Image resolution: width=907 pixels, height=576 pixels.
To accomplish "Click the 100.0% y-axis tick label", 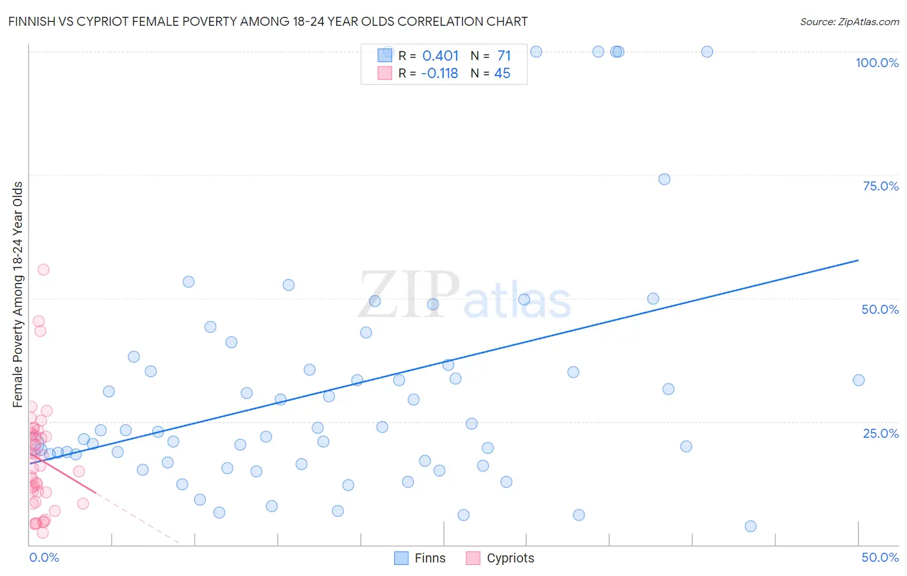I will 877,63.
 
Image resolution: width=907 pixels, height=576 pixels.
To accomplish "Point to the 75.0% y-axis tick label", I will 881,186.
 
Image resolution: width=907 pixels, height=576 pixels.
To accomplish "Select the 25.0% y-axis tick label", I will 881,433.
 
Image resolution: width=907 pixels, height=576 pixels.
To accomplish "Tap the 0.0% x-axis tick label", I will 44,557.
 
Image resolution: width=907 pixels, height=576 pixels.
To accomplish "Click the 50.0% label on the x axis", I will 880,557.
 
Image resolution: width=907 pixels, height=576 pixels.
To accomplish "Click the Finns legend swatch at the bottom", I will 401,558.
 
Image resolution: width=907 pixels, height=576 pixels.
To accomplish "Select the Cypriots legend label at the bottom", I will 510,558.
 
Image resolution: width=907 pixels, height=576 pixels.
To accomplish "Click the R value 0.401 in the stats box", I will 440,56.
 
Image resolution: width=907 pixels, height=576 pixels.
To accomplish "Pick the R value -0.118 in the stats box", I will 439,74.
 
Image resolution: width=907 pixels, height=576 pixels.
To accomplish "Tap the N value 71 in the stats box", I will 504,56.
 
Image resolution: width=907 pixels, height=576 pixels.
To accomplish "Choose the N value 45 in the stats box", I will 502,74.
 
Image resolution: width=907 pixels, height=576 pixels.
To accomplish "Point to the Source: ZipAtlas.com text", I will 849,22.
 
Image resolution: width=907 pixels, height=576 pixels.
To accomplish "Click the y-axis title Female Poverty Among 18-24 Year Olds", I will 18,294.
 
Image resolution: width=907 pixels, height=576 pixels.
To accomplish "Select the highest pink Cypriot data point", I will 43,269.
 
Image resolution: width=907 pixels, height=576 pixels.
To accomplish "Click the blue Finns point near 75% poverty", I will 664,179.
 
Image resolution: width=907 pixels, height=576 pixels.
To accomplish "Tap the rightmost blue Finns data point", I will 859,380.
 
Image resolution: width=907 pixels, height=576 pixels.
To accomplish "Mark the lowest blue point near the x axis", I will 750,526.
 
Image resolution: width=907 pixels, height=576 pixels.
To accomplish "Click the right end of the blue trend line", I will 859,260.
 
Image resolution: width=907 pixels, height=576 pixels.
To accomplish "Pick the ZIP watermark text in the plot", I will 408,294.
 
